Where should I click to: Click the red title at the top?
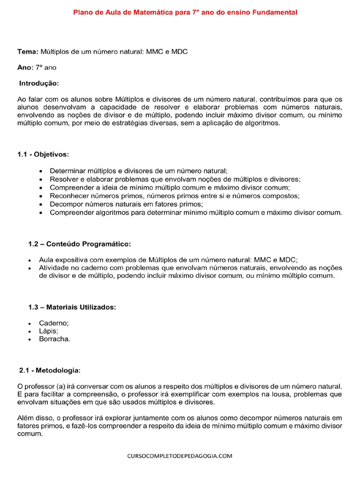point(185,13)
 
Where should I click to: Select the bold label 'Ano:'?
point(25,67)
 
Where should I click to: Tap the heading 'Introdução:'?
point(39,83)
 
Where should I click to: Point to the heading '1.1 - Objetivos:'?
point(43,154)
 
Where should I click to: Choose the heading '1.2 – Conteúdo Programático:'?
point(80,244)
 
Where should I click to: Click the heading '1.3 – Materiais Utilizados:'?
point(72,307)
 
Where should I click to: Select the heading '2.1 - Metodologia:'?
point(50,370)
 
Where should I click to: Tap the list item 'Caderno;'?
point(54,323)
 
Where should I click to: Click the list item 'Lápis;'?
point(49,331)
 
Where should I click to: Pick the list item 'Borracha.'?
point(54,339)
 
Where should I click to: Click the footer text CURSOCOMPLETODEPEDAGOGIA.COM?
point(180,456)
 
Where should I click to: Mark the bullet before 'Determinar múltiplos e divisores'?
point(41,171)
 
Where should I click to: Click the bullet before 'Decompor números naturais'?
point(41,204)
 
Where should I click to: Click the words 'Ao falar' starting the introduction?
point(29,99)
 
